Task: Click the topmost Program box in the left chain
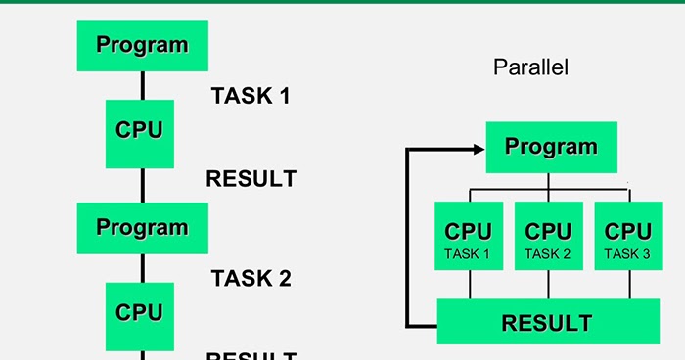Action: (142, 45)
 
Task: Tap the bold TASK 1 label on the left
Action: (251, 96)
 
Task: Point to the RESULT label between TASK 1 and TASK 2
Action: (251, 179)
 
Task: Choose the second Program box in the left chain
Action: (142, 228)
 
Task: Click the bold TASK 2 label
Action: (251, 278)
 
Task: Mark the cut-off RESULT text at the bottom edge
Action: (251, 354)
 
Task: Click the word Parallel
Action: (530, 67)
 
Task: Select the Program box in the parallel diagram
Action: (551, 147)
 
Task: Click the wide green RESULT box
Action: (547, 322)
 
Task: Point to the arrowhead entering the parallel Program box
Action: (478, 149)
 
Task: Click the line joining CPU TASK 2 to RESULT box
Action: (548, 284)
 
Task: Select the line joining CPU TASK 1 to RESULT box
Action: (470, 284)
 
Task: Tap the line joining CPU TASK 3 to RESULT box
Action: (628, 284)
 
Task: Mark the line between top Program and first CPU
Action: (142, 85)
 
